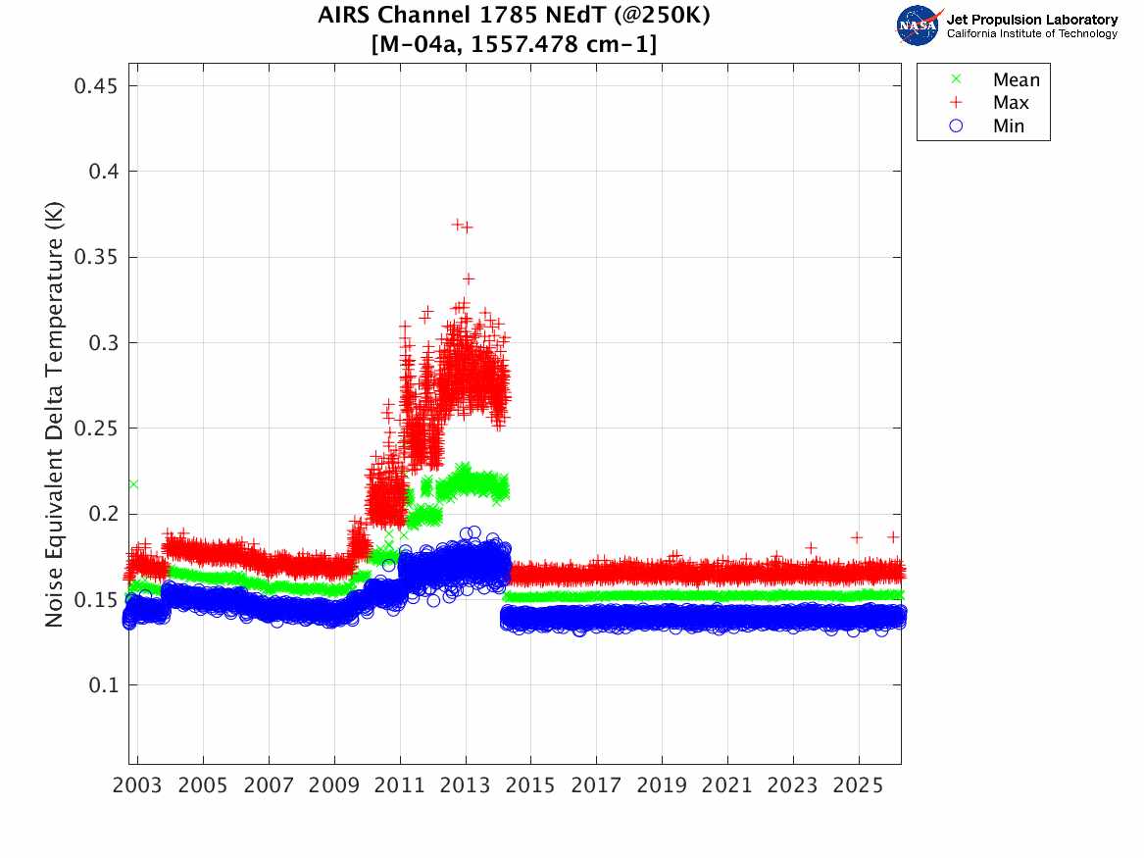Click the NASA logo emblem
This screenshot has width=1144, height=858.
click(919, 25)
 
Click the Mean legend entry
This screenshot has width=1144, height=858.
click(1015, 80)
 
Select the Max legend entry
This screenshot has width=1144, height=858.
click(1010, 103)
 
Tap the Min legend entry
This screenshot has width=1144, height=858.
click(1008, 126)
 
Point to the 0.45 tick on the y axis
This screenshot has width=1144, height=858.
click(96, 86)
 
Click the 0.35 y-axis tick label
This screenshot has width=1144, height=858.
click(96, 258)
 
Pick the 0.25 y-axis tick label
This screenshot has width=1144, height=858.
click(96, 429)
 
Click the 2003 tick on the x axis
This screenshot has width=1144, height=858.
click(138, 786)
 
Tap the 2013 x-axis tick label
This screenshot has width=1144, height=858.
click(466, 786)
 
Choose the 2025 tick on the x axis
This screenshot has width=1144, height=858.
click(859, 786)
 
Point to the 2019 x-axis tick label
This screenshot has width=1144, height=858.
click(662, 786)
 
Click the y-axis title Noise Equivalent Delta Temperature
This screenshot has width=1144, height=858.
click(54, 419)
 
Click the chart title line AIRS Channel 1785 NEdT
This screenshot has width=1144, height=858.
click(514, 17)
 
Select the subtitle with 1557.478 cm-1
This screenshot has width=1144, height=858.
click(514, 45)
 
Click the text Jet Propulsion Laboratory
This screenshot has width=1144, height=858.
click(1031, 20)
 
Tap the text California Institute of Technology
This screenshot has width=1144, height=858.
click(1031, 34)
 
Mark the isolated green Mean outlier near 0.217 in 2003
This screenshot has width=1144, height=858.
click(132, 484)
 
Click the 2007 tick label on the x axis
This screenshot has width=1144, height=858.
click(269, 786)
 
